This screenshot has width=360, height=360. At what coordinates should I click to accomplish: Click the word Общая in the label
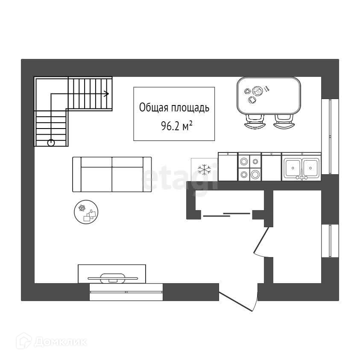click(x=151, y=108)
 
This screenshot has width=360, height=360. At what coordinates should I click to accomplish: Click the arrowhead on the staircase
click(x=107, y=93)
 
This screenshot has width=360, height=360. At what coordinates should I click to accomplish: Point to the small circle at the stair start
click(x=51, y=143)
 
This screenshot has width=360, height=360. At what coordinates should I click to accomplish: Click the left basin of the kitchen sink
click(x=292, y=167)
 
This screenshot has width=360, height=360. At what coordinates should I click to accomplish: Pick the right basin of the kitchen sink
click(x=311, y=167)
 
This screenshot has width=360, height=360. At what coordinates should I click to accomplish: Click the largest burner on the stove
click(x=255, y=174)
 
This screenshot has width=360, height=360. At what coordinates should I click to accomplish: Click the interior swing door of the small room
click(x=261, y=241)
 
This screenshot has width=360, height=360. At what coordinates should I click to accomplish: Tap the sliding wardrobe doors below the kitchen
click(x=226, y=214)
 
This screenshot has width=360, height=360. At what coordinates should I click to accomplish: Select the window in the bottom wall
click(x=126, y=292)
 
